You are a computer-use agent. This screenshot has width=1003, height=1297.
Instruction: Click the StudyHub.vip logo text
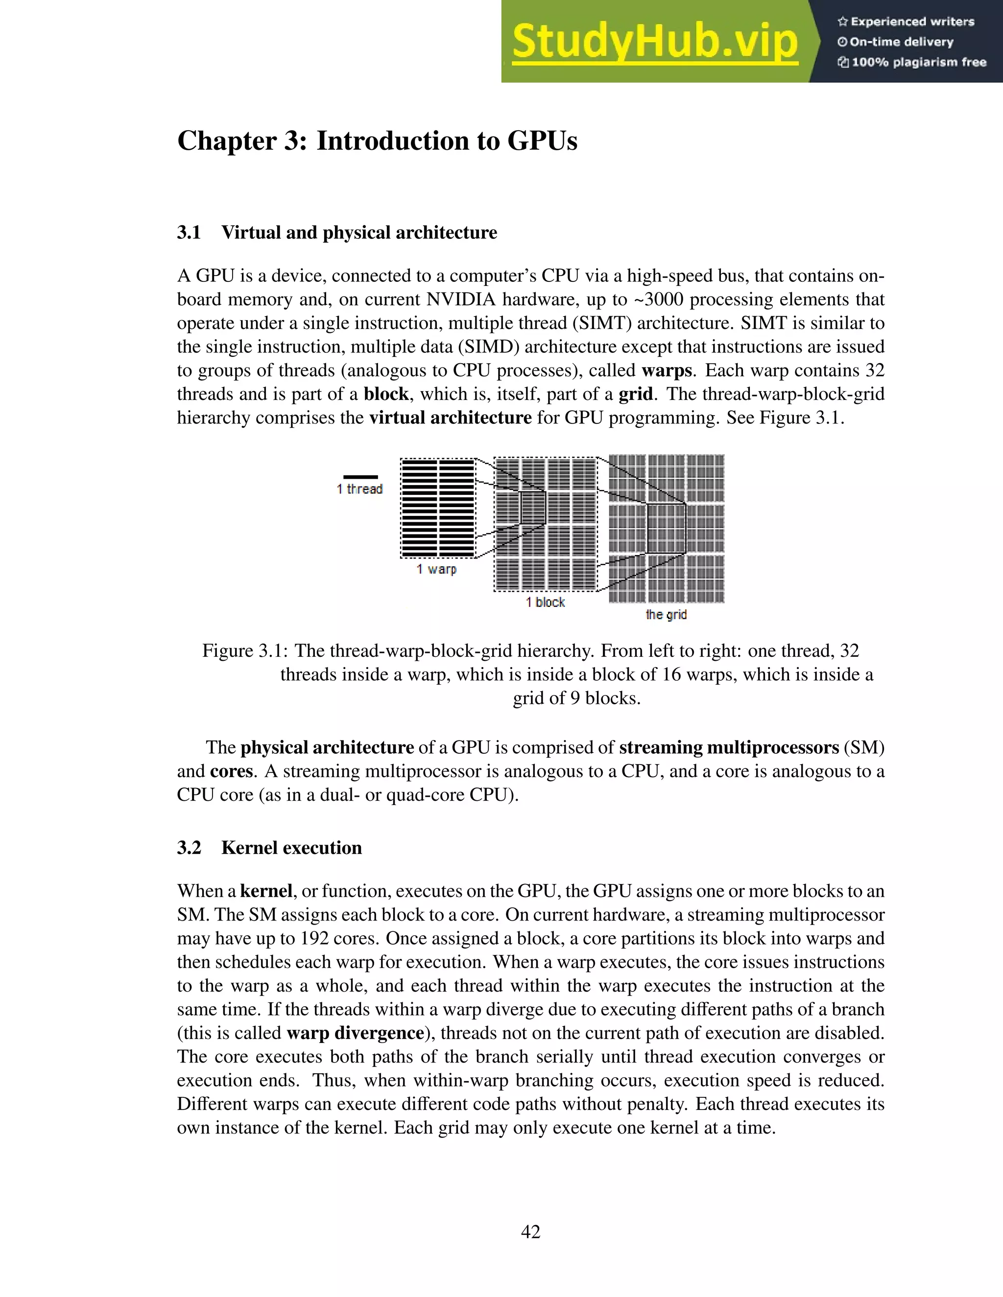point(654,42)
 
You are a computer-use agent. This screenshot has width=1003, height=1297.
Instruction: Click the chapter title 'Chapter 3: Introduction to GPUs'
point(377,141)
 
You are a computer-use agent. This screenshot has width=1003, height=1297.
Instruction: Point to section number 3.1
point(189,232)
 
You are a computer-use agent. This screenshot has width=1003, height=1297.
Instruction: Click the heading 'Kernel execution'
point(291,847)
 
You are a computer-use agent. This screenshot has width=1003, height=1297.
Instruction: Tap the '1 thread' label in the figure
point(359,489)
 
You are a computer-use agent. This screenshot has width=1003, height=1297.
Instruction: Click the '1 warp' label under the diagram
point(436,569)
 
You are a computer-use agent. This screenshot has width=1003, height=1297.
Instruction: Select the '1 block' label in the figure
point(545,602)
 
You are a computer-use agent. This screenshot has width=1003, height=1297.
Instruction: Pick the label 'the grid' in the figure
point(666,615)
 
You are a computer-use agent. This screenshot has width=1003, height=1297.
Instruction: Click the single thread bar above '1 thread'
point(360,476)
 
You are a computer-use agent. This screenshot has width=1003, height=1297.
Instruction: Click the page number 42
point(530,1232)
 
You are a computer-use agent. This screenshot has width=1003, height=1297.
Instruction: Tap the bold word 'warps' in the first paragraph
point(667,371)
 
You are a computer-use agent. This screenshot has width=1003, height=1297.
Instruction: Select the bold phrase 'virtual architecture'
point(450,418)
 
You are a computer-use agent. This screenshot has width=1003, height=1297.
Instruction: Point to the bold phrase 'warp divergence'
point(355,1033)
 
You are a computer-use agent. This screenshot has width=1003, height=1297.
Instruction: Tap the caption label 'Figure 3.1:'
point(245,651)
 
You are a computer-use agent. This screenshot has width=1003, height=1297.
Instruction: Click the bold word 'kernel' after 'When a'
point(265,891)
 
